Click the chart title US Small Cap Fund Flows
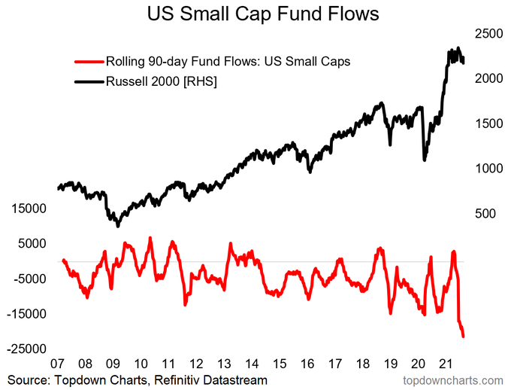[255, 14]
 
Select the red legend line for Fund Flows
[89, 61]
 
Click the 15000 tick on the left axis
[29, 209]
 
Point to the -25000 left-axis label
[27, 349]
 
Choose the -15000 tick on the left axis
[27, 314]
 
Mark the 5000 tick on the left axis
[32, 244]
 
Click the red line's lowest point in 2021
[464, 337]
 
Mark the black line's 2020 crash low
[425, 160]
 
